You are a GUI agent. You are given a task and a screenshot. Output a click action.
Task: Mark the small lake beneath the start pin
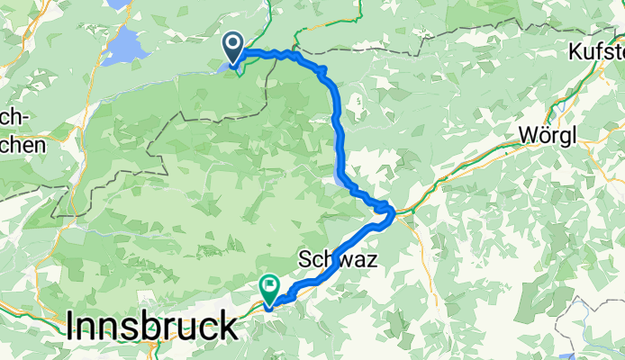click(x=225, y=65)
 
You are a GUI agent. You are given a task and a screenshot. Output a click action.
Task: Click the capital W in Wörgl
click(x=528, y=135)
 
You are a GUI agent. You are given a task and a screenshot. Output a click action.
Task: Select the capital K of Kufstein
click(x=576, y=54)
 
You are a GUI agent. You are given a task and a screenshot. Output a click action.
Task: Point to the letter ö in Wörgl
click(x=543, y=135)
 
